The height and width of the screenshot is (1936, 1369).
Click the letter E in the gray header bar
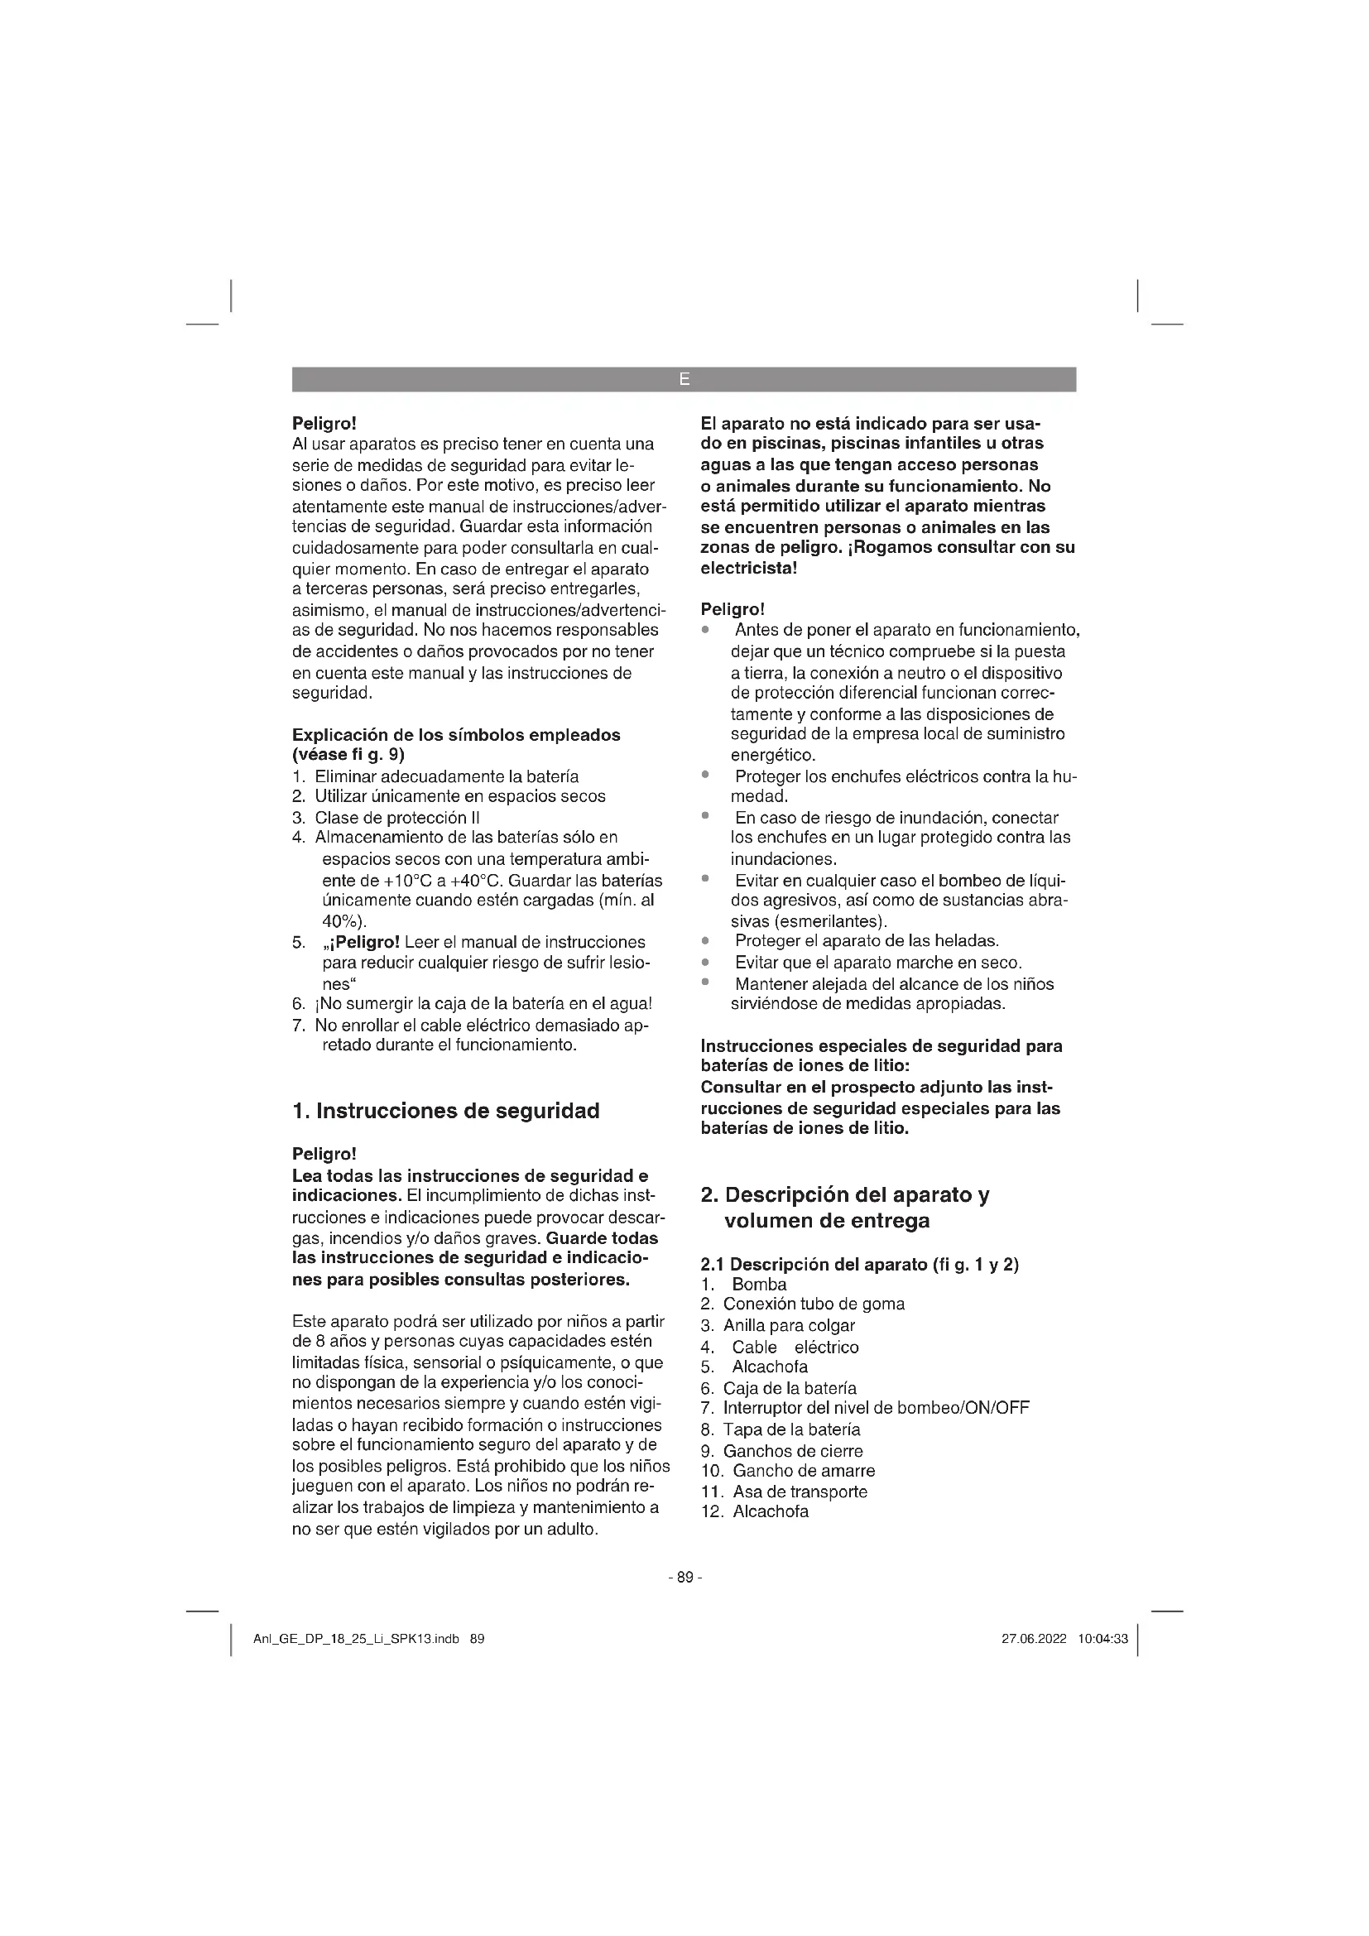click(684, 379)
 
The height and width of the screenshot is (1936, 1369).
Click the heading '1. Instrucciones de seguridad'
click(445, 1111)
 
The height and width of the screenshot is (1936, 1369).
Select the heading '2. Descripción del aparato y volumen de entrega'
click(845, 1208)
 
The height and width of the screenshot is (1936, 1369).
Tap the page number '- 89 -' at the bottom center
click(684, 1577)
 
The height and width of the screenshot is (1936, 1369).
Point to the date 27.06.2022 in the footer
click(1034, 1639)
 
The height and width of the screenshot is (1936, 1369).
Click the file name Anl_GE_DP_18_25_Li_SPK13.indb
click(356, 1639)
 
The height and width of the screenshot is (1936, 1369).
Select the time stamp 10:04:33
click(1102, 1639)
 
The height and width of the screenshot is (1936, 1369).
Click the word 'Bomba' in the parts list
click(759, 1285)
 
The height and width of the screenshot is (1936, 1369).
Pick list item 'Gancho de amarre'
click(804, 1471)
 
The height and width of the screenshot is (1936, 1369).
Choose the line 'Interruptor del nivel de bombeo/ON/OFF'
click(876, 1408)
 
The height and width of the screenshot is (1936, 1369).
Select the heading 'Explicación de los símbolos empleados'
click(456, 734)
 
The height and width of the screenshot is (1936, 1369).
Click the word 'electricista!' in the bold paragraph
click(748, 569)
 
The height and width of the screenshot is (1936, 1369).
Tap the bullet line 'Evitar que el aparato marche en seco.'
click(877, 963)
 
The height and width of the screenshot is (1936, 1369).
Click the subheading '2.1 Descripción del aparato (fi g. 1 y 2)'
click(860, 1264)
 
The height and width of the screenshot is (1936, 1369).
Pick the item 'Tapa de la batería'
click(791, 1429)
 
